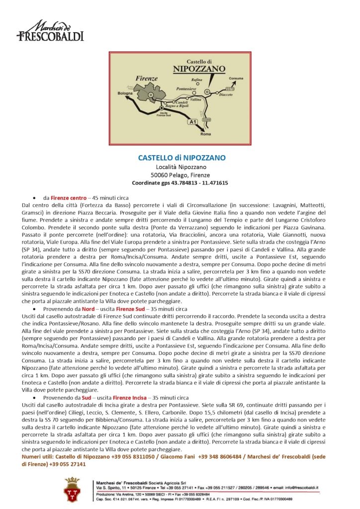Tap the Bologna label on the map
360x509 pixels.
coord(125,93)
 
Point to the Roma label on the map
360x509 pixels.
coord(205,134)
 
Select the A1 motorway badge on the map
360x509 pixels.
coord(193,122)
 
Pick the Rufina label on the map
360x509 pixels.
coord(197,80)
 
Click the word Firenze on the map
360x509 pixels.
coord(147,78)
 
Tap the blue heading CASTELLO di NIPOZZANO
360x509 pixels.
coord(181,158)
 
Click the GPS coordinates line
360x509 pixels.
coord(180,183)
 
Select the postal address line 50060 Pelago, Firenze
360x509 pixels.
coord(180,175)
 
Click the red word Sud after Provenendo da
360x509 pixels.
coord(87,398)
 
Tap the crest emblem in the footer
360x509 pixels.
coord(73,489)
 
